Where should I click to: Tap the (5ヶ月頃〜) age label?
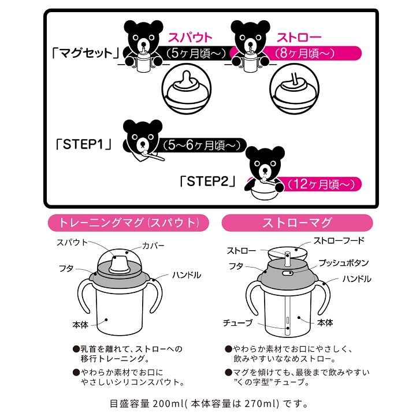tap(190, 54)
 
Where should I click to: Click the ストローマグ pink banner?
tap(296, 222)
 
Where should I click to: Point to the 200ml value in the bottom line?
tap(170, 403)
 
